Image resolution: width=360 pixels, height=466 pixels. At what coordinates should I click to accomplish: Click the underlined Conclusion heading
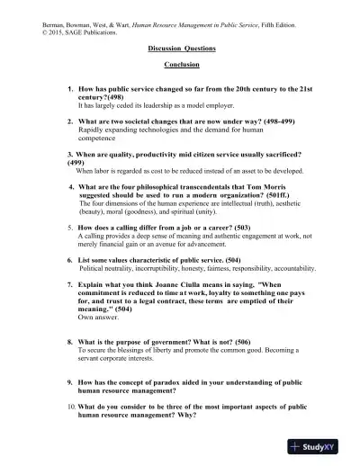(181, 66)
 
